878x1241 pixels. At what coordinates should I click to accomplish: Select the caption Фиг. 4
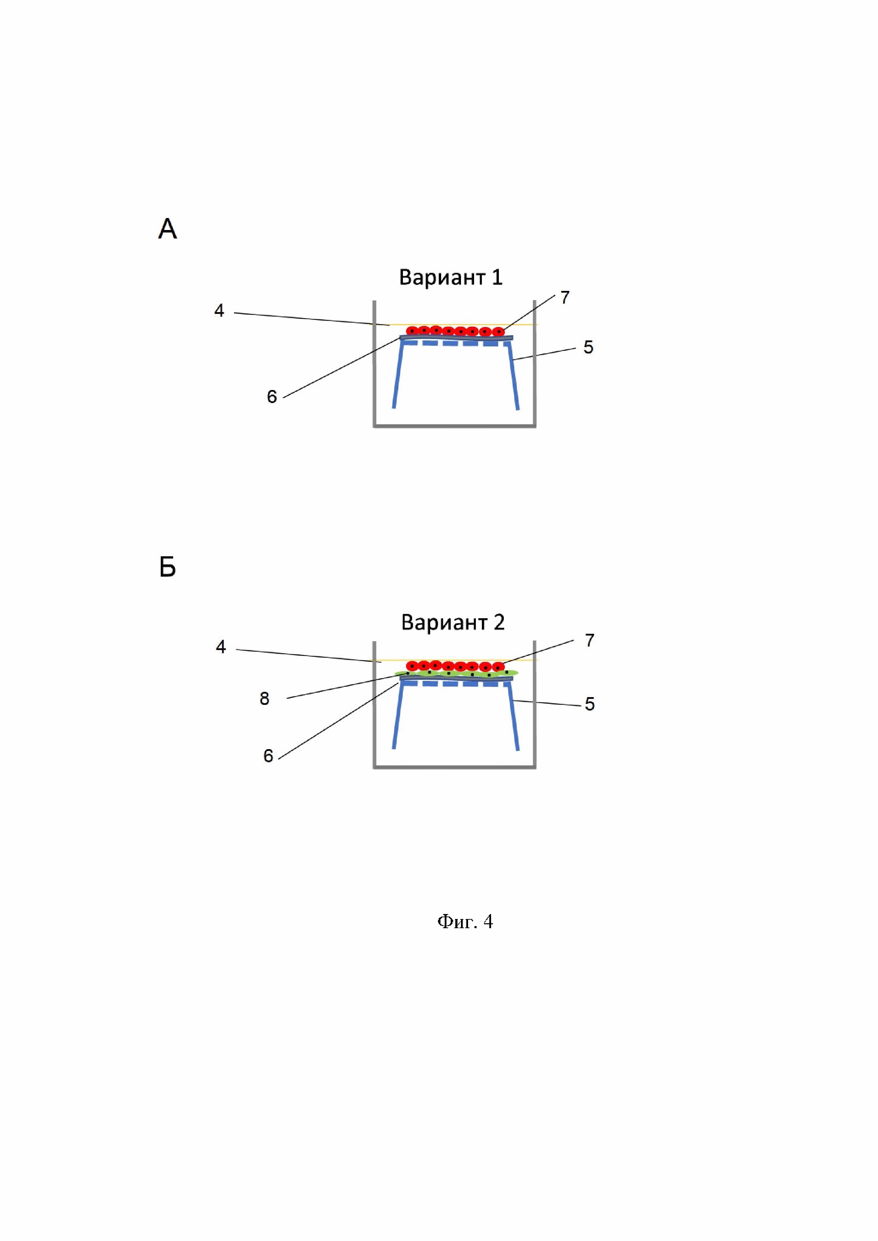465,921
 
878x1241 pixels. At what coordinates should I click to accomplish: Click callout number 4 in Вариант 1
219,311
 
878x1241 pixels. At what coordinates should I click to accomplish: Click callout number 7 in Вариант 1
565,297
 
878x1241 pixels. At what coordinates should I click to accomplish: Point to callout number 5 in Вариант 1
588,347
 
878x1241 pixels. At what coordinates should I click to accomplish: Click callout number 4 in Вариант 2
221,647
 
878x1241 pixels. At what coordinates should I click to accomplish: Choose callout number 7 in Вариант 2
590,640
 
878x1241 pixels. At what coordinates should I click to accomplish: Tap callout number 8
264,699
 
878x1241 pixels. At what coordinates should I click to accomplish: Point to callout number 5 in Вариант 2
590,704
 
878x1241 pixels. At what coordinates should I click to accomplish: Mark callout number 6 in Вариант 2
268,755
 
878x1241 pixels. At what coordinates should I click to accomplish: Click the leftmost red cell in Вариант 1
412,330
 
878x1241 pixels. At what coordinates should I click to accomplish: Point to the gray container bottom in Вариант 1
454,426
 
